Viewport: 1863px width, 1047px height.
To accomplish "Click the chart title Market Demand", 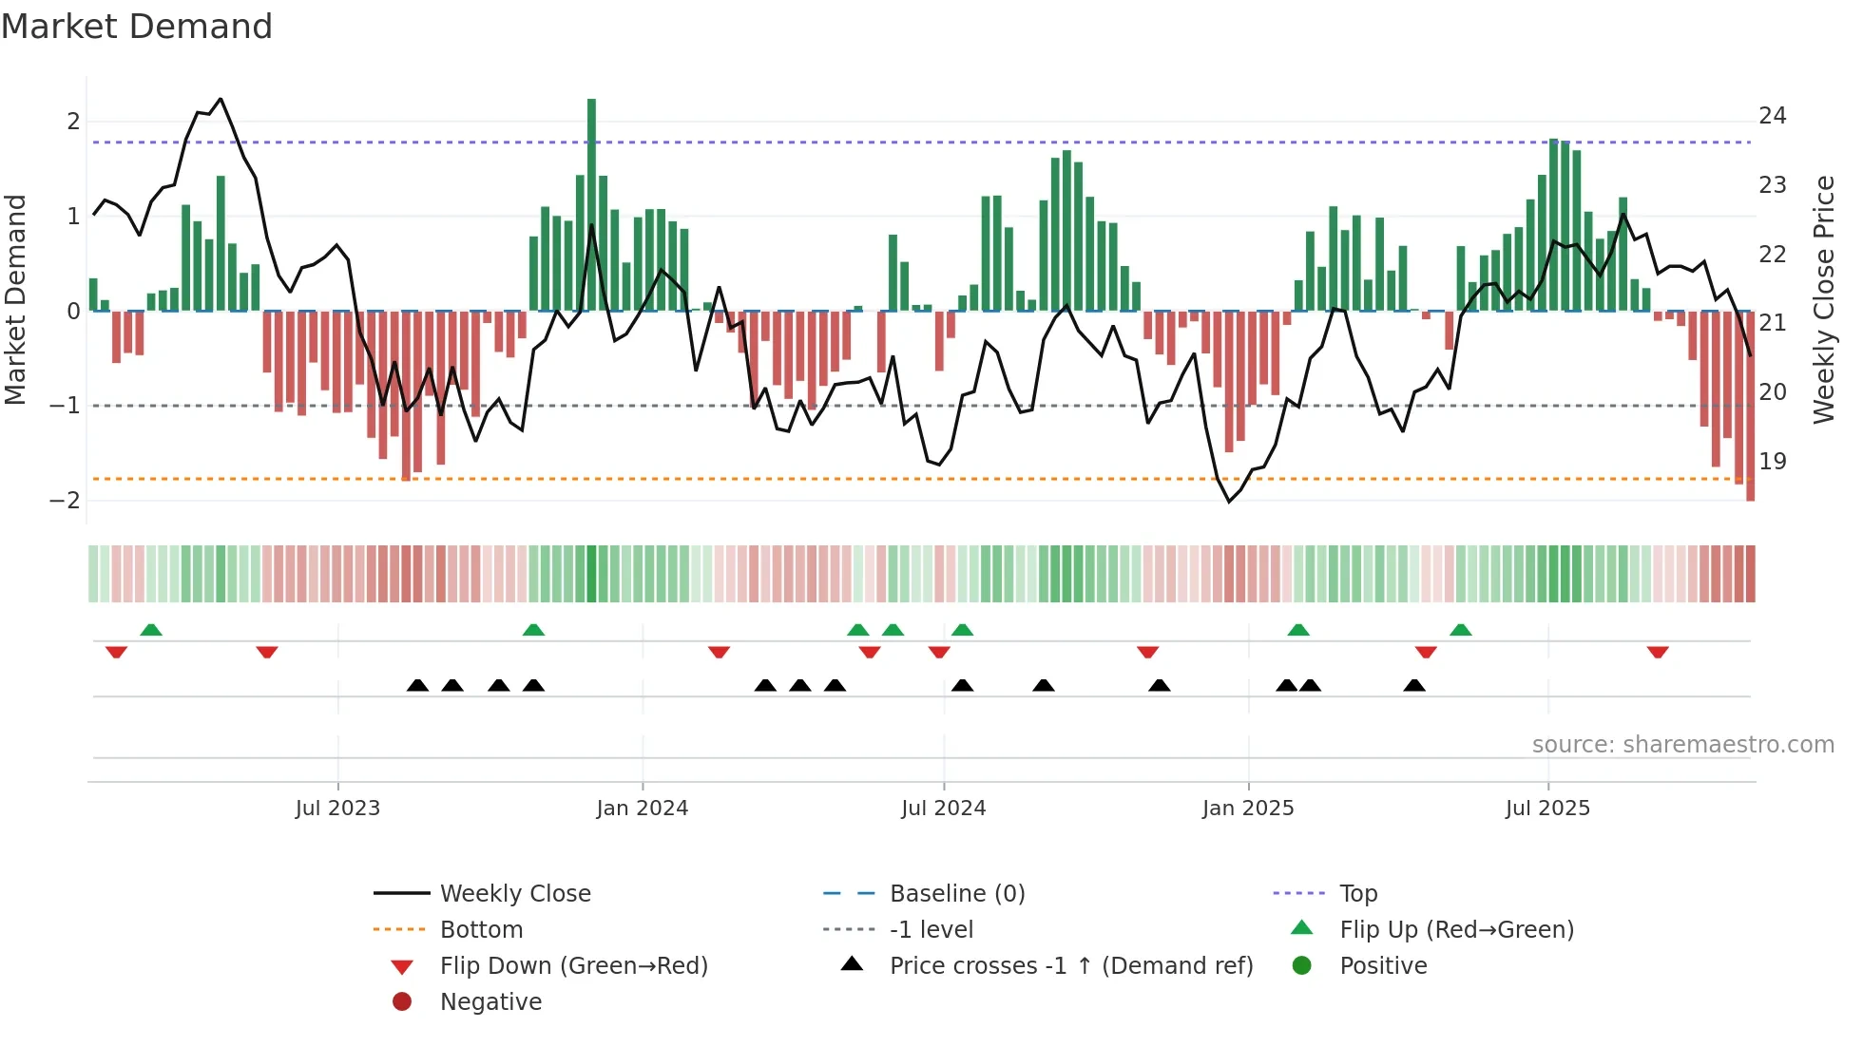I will pos(137,27).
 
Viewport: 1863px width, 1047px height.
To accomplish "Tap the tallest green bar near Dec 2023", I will pos(591,204).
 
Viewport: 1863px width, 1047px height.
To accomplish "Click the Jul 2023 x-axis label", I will pos(337,809).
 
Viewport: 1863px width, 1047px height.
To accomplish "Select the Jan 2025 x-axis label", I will pos(1247,809).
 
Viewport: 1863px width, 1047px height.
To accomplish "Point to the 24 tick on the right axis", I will pos(1772,116).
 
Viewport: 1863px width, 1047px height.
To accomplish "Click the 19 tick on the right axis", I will pos(1772,462).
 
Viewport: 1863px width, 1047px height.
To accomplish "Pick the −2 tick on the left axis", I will pos(66,501).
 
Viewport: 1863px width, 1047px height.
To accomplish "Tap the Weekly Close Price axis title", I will pos(1823,299).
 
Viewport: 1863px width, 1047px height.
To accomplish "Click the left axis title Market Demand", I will pos(15,299).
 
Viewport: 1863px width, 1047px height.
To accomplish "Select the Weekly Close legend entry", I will pos(514,894).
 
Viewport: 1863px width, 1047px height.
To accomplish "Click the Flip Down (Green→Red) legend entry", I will pos(573,966).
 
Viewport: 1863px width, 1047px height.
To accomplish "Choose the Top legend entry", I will pos(1357,894).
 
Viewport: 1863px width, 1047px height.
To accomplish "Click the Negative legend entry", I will pos(490,1002).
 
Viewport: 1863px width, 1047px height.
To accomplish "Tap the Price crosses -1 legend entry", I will pos(1070,966).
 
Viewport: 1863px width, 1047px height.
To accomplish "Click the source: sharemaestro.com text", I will pos(1682,745).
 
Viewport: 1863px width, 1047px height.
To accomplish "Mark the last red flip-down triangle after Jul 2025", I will pos(1658,653).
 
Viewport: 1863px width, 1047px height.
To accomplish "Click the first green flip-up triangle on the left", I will pos(151,629).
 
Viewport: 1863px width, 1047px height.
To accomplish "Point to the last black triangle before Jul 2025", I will pos(1414,685).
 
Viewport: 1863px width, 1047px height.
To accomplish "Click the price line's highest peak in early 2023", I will pos(221,99).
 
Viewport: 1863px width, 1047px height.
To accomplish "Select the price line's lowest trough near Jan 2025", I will pos(1229,502).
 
